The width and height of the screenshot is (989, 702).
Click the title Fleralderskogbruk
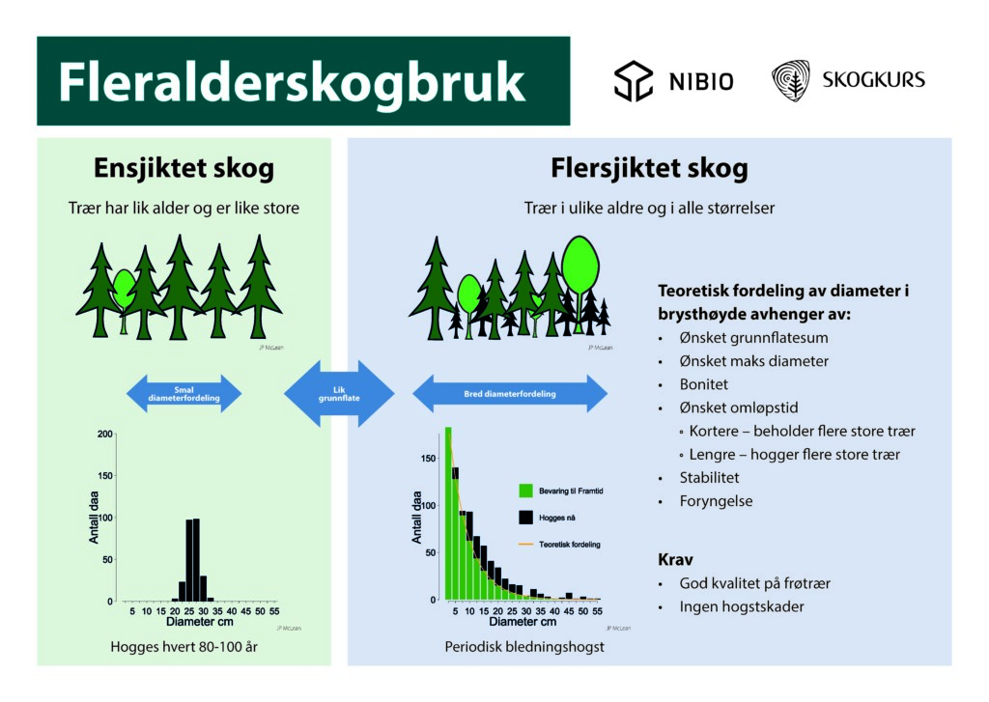292,83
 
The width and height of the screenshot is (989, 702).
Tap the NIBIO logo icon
634,81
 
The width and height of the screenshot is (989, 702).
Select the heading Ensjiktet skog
184,169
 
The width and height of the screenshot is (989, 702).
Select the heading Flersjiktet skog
649,169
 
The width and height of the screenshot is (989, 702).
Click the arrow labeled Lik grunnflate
339,393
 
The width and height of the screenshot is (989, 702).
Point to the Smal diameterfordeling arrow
184,393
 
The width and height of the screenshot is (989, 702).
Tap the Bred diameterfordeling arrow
510,393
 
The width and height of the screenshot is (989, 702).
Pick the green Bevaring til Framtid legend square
525,491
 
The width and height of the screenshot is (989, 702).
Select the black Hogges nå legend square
525,519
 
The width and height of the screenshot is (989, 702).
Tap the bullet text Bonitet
704,384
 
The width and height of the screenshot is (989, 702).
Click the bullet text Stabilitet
710,477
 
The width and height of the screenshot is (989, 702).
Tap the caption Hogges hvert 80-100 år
184,646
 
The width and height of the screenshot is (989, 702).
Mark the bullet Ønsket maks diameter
753,361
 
